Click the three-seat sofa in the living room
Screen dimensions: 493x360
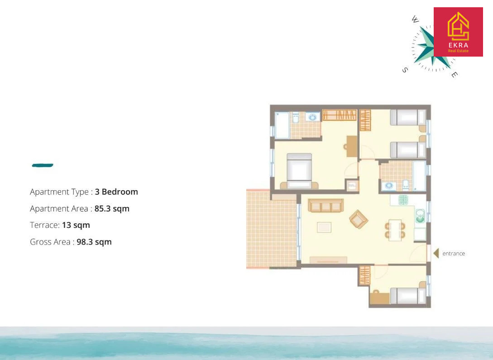325,205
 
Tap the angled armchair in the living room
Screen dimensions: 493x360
359,219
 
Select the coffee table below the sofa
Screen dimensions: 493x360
324,227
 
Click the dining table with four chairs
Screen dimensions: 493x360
395,230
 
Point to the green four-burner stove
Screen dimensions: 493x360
403,200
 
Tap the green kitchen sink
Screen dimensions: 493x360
420,216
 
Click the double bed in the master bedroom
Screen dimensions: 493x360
299,171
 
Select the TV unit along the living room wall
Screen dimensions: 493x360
328,260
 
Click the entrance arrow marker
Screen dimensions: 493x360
436,253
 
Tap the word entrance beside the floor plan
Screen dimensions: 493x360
453,254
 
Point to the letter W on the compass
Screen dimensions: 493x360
415,19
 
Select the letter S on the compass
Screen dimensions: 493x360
405,70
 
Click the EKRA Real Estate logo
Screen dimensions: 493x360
458,32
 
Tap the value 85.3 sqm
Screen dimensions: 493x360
112,208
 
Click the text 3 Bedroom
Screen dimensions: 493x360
116,192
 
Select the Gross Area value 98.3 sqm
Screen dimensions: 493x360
94,242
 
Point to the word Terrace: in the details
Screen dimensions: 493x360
45,225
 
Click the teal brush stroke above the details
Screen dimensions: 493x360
43,165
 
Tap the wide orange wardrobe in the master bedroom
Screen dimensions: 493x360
339,115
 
